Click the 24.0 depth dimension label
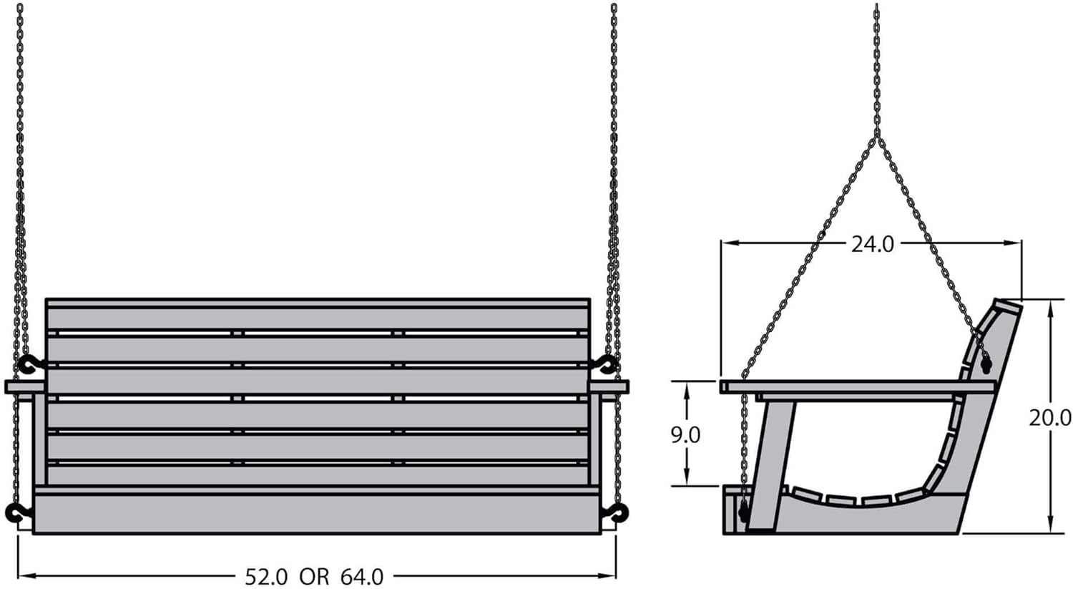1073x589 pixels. [872, 245]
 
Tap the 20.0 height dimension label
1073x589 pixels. [1049, 419]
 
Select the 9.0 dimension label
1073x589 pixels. [685, 435]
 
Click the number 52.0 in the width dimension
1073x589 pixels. [266, 577]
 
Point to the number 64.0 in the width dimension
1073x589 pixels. [362, 577]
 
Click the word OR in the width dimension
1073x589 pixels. [315, 577]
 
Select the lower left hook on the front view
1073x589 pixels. [18, 513]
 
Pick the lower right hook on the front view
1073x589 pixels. [615, 513]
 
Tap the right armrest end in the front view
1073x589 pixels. [609, 386]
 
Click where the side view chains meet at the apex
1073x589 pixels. [876, 136]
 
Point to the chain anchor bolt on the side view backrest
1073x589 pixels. [985, 366]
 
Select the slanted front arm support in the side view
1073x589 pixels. [770, 465]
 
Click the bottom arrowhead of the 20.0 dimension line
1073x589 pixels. [1051, 524]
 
